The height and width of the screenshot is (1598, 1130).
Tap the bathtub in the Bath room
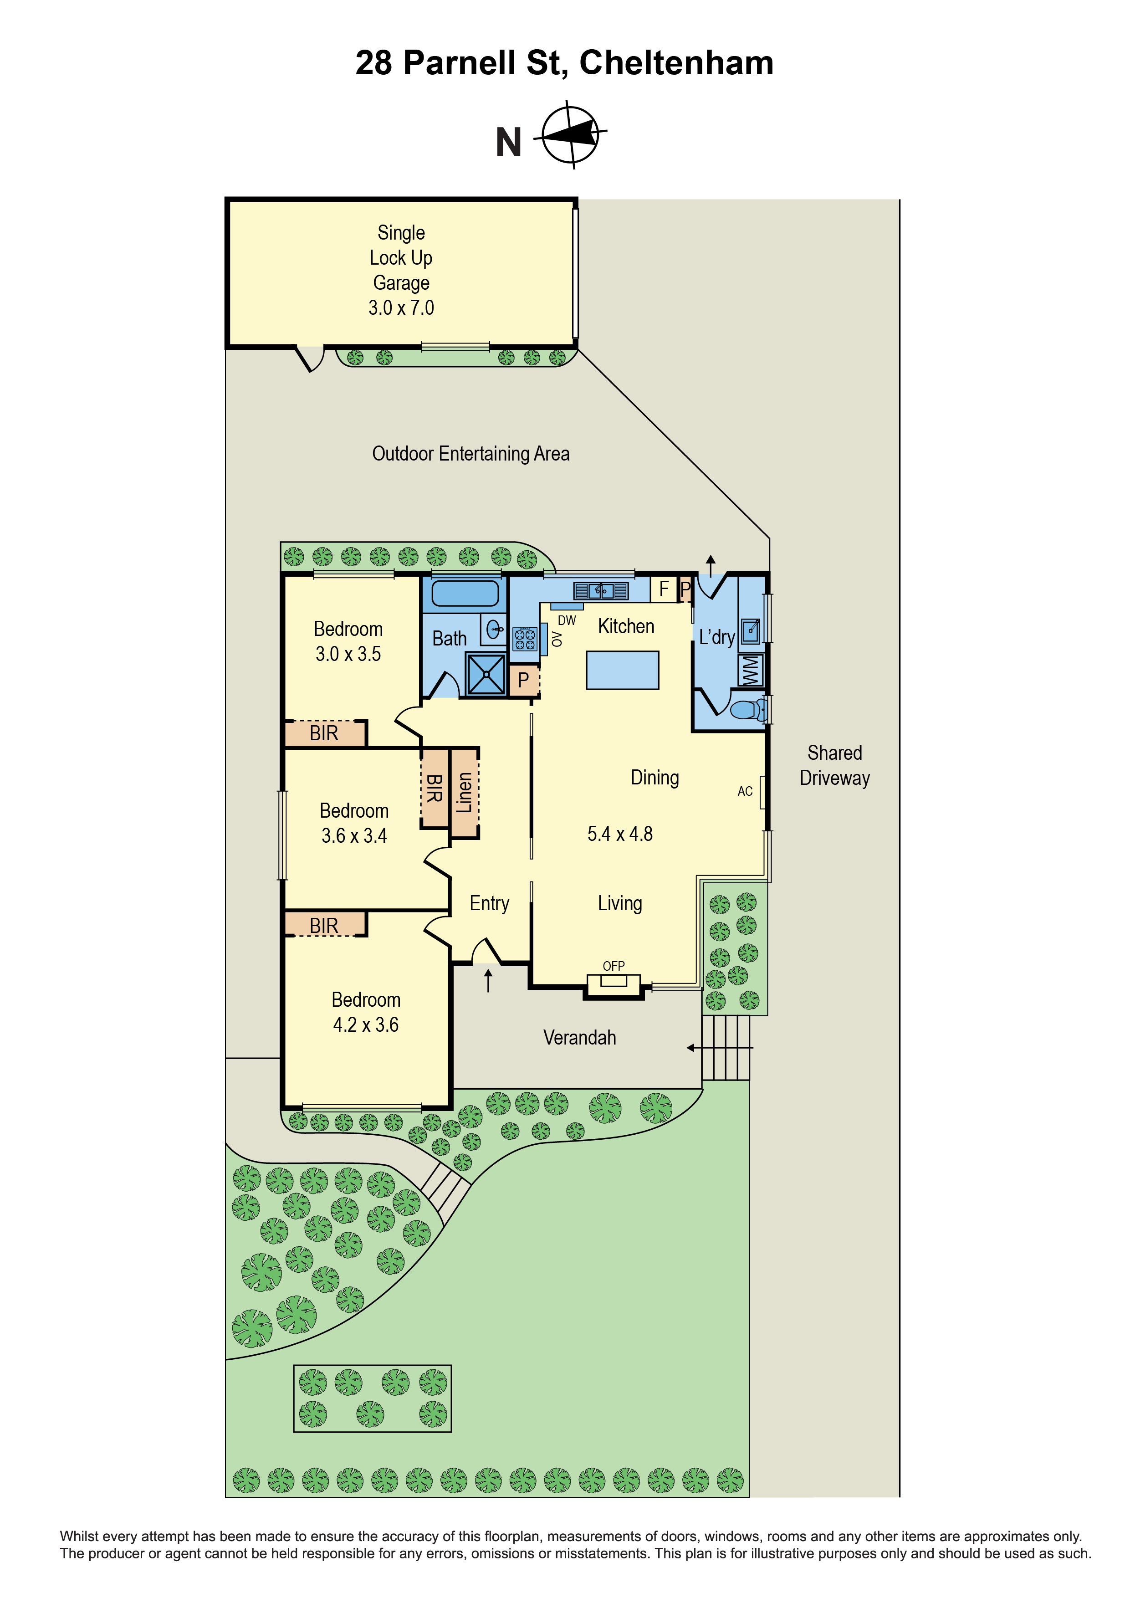click(x=465, y=594)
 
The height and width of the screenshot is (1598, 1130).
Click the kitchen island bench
click(x=622, y=670)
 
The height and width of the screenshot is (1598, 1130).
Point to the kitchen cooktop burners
click(x=525, y=639)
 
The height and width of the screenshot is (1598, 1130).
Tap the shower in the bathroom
click(x=486, y=674)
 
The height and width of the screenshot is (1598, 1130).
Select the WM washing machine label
click(x=750, y=670)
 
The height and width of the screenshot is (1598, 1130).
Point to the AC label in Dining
click(x=745, y=791)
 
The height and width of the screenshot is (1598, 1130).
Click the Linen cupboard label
click(x=464, y=792)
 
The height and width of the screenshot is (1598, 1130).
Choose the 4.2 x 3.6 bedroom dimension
click(x=365, y=1024)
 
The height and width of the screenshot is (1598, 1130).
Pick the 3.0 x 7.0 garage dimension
click(x=401, y=307)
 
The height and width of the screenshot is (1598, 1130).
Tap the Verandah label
click(x=580, y=1038)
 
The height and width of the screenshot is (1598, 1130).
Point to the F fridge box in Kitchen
click(x=663, y=589)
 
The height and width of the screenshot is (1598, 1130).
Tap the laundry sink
click(x=749, y=631)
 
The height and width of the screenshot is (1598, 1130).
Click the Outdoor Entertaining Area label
click(x=471, y=454)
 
